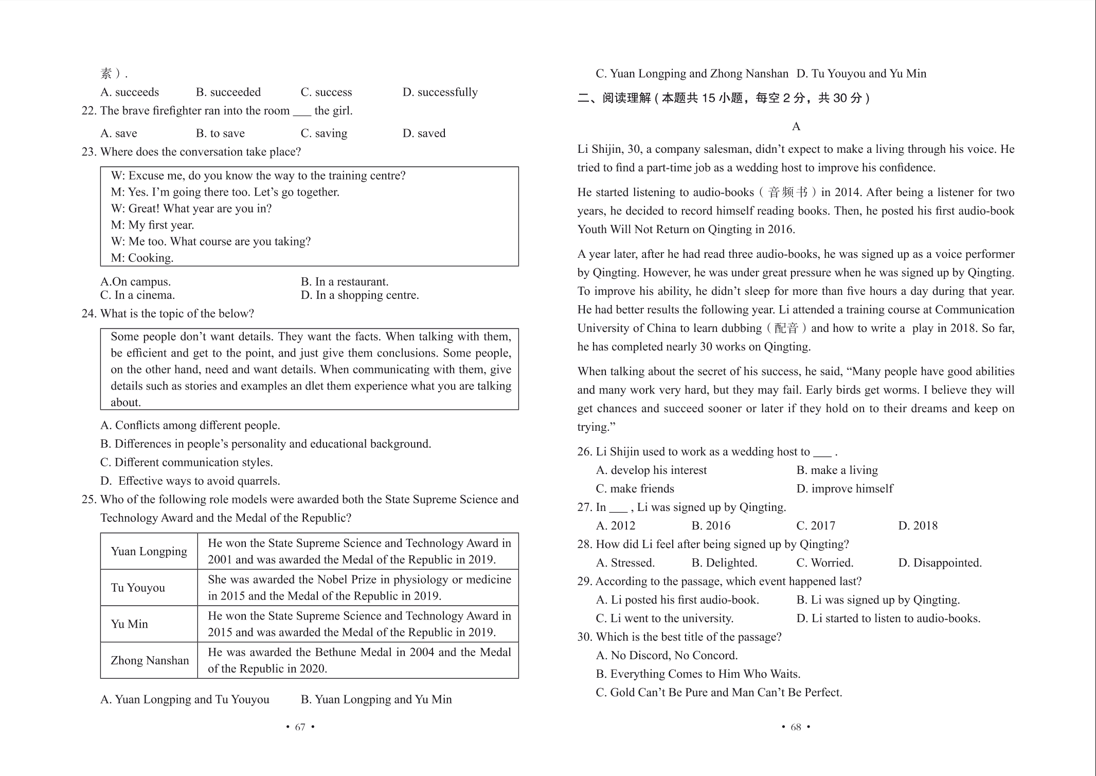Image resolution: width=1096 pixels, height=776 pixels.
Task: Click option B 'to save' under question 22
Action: tap(220, 133)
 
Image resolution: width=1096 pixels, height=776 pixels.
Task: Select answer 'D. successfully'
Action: tap(440, 92)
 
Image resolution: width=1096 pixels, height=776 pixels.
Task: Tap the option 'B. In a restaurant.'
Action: tap(345, 281)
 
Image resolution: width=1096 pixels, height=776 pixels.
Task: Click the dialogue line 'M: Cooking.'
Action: tap(142, 258)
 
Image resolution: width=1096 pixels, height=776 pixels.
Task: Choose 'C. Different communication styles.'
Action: tap(187, 462)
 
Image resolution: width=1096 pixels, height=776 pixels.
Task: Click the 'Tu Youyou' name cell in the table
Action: tap(138, 588)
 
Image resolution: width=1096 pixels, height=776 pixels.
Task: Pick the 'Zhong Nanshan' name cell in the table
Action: tap(150, 660)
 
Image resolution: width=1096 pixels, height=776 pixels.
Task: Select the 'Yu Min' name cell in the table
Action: tap(130, 624)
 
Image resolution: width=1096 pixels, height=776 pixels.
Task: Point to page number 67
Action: tap(300, 727)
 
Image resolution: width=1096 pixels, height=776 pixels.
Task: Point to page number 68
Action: tap(796, 727)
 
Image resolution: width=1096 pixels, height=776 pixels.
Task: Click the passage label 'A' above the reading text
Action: tap(796, 127)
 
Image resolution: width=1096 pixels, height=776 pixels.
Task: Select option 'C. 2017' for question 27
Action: tap(816, 525)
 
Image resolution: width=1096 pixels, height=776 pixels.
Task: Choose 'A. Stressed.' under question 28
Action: tap(625, 562)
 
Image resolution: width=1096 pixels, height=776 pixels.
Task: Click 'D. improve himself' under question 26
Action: tap(845, 488)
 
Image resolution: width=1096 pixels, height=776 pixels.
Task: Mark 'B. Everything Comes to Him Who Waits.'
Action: tap(698, 674)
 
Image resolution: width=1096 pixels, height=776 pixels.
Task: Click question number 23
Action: tap(89, 152)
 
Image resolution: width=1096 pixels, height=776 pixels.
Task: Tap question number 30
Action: tap(585, 637)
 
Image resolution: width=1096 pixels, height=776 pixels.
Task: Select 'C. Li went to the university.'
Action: tap(664, 618)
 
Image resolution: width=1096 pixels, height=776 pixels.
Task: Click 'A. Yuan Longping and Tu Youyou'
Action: tap(185, 699)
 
